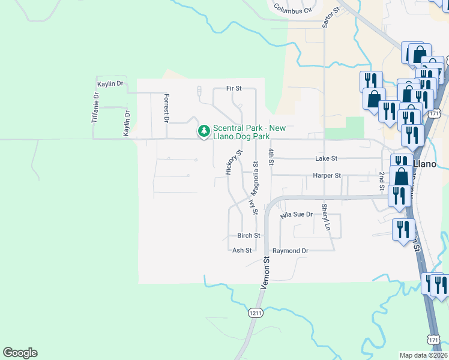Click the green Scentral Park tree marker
pyautogui.click(x=204, y=130)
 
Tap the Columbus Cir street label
pyautogui.click(x=294, y=9)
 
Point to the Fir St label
pyautogui.click(x=234, y=88)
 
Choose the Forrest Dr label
pyautogui.click(x=167, y=107)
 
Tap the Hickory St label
pyautogui.click(x=229, y=163)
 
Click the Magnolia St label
pyautogui.click(x=256, y=179)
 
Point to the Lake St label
pyautogui.click(x=327, y=158)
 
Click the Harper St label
pyautogui.click(x=327, y=176)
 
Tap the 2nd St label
pyautogui.click(x=382, y=180)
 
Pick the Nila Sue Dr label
pyautogui.click(x=297, y=214)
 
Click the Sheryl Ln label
pyautogui.click(x=325, y=217)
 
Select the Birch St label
pyautogui.click(x=249, y=236)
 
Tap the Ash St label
pyautogui.click(x=242, y=250)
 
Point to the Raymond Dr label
pyautogui.click(x=290, y=250)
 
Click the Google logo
pyautogui.click(x=20, y=353)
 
